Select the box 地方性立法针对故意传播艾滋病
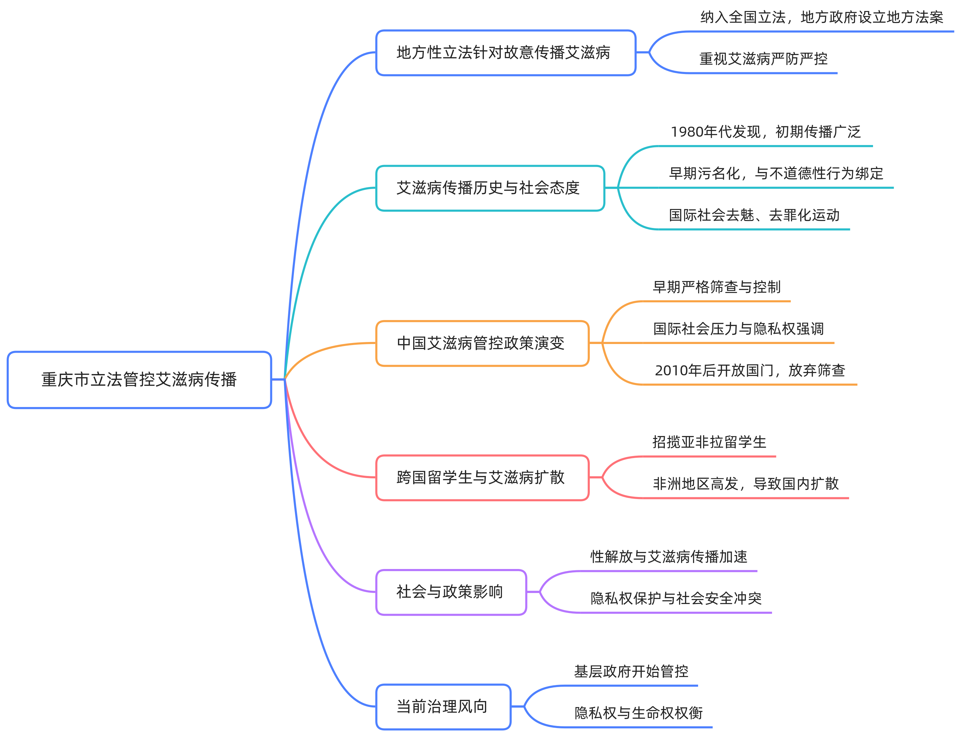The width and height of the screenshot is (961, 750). tap(505, 53)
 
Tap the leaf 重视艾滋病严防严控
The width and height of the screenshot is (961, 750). tap(763, 59)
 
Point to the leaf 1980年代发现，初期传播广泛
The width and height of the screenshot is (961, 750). tap(766, 132)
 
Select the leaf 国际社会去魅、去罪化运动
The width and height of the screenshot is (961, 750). tap(754, 215)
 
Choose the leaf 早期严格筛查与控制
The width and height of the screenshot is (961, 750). tap(716, 287)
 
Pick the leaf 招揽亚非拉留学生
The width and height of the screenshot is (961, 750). tap(709, 442)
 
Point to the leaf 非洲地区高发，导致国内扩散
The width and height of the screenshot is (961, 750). tap(746, 484)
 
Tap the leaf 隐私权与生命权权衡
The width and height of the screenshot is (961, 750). tap(638, 713)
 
